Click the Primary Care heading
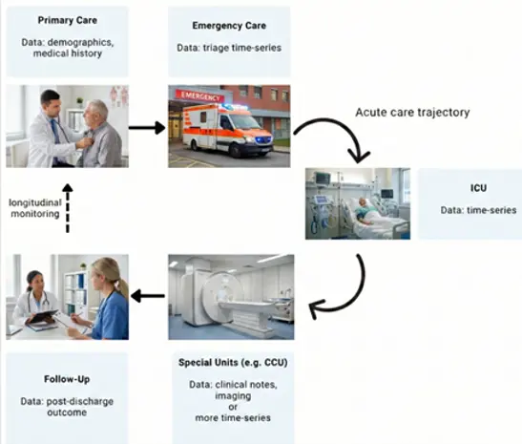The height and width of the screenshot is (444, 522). tap(67, 20)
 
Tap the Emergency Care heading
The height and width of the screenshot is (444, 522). tap(229, 26)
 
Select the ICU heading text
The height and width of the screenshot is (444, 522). tap(478, 188)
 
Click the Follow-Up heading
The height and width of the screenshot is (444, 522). tap(67, 379)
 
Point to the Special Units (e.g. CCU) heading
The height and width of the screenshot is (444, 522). tap(233, 363)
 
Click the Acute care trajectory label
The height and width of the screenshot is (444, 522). tap(412, 113)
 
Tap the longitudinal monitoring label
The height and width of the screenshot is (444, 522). tap(35, 208)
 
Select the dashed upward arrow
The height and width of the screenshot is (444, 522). tap(68, 208)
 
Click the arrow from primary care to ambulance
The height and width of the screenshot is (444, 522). tap(147, 128)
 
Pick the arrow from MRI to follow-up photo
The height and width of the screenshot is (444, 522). tap(148, 296)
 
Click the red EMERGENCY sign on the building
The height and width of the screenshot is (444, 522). tap(200, 95)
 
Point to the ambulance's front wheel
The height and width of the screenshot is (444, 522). tap(237, 151)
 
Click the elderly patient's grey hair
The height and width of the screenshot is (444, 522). tap(97, 109)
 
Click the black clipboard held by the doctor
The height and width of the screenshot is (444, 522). tap(42, 316)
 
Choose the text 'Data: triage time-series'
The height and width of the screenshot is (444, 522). tap(229, 48)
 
